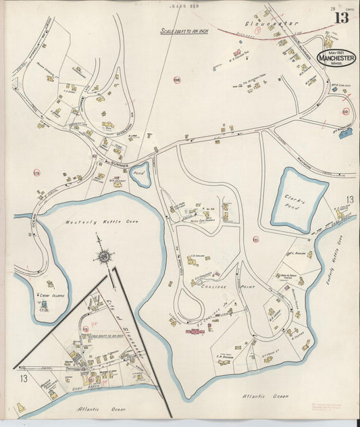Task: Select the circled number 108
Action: pyautogui.click(x=177, y=80)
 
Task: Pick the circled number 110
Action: pyautogui.click(x=346, y=111)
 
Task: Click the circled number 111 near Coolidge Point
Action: pyautogui.click(x=255, y=238)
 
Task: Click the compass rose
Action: pyautogui.click(x=104, y=257)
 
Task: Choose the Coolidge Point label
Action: pyautogui.click(x=217, y=286)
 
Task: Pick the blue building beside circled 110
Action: pyautogui.click(x=346, y=133)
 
